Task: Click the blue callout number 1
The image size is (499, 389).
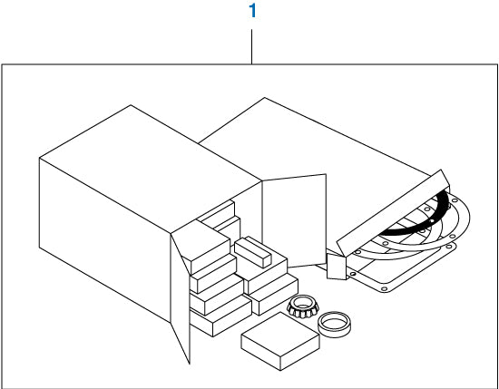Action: [253, 11]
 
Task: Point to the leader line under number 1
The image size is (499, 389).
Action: [251, 47]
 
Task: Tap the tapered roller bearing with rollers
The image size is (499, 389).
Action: [302, 306]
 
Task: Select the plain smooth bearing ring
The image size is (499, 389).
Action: [334, 324]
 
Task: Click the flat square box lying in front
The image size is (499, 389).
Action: [280, 341]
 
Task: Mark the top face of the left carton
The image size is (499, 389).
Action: [150, 169]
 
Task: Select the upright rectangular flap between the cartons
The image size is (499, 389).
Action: [294, 220]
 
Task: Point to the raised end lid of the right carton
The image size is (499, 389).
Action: [393, 212]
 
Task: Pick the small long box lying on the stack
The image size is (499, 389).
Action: [253, 251]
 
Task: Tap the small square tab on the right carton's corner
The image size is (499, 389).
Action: [337, 267]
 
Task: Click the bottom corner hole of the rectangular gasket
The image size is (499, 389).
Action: [384, 289]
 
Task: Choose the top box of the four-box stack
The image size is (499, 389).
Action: [207, 247]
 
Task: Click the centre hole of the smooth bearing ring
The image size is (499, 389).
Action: [334, 323]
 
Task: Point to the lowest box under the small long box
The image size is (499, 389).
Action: [274, 294]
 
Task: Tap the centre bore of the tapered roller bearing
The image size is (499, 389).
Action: [302, 302]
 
